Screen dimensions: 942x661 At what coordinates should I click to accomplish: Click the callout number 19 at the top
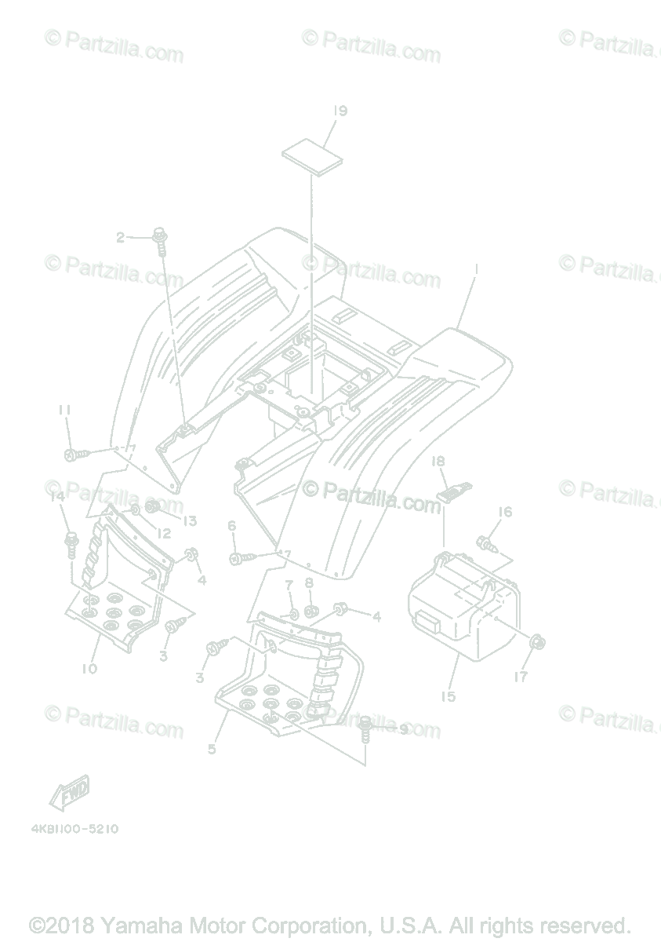point(339,111)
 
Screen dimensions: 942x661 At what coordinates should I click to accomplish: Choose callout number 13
point(190,520)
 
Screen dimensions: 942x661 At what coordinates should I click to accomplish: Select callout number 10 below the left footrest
point(89,669)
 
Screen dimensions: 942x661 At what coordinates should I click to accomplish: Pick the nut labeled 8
point(310,611)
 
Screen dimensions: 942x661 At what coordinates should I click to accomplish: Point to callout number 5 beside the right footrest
point(212,749)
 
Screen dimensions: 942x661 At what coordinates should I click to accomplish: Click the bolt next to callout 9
point(365,728)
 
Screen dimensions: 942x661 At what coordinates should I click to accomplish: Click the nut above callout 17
point(537,644)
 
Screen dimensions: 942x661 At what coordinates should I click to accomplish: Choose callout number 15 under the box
point(448,696)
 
